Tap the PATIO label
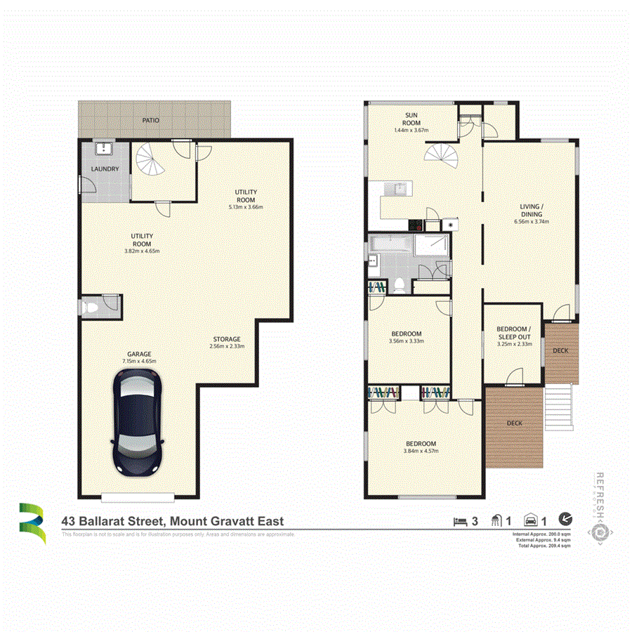[x=150, y=121]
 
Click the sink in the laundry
[x=104, y=148]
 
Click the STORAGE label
[x=226, y=339]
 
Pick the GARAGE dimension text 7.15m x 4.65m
[x=138, y=361]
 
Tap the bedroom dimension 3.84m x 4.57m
[x=421, y=451]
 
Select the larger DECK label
[x=515, y=423]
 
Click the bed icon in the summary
[x=461, y=521]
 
